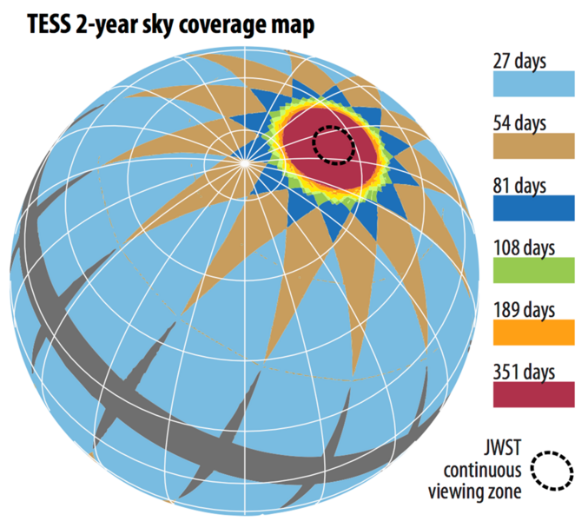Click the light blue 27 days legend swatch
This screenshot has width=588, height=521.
[534, 83]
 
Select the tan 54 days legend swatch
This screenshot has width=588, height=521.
[534, 145]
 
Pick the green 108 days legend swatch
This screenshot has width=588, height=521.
[534, 269]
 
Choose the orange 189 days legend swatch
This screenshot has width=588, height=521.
[534, 332]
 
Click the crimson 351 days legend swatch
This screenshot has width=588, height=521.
[534, 394]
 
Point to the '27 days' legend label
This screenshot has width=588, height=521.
[520, 60]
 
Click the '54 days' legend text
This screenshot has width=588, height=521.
[520, 122]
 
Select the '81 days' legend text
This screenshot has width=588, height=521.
[520, 185]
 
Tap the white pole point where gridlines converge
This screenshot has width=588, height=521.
[246, 161]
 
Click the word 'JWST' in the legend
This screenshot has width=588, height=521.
[501, 452]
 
